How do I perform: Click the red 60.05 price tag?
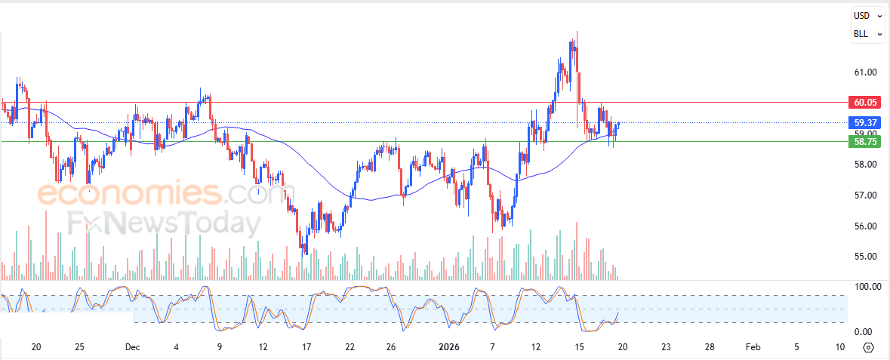[865, 102]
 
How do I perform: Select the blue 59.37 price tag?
[865, 122]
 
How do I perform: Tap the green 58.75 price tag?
[865, 141]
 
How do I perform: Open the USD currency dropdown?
[867, 15]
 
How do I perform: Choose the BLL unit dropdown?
[867, 34]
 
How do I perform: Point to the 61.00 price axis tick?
[865, 72]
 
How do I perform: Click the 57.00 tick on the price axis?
[865, 195]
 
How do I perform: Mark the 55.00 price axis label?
[865, 257]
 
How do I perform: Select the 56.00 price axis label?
[865, 226]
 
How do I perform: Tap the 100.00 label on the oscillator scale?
[867, 287]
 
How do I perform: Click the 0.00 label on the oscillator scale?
[864, 332]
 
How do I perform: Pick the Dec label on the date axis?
[133, 347]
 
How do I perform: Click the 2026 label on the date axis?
[449, 347]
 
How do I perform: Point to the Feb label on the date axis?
[753, 347]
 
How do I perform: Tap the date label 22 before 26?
[350, 347]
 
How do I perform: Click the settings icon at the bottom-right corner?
[868, 347]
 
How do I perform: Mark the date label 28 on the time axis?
[710, 347]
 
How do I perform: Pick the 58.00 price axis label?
[865, 165]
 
